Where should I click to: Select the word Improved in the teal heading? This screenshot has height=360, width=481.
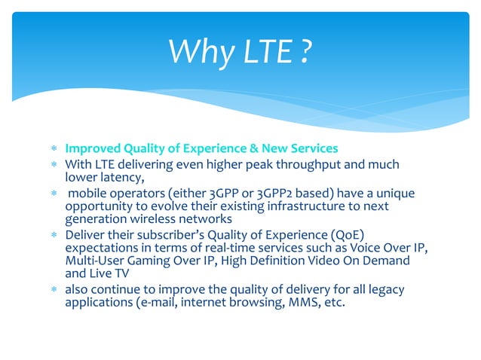pos(92,148)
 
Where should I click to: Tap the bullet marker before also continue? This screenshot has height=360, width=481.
pos(54,291)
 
